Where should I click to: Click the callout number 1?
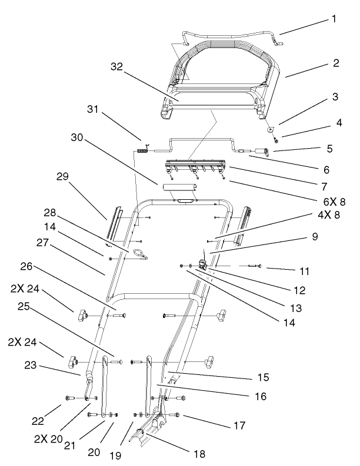pos(334,18)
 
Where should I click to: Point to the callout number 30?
pos(76,138)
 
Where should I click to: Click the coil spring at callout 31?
pos(142,151)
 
